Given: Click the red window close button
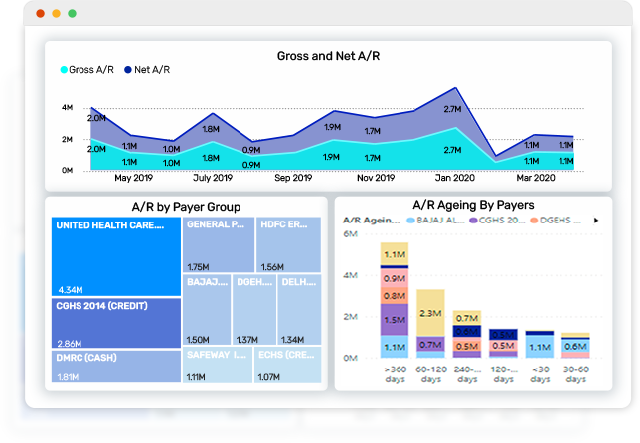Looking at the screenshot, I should (41, 14).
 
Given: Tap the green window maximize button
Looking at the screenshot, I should (72, 14).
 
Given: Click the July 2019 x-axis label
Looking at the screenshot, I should (213, 179).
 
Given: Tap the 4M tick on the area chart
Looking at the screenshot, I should (67, 107).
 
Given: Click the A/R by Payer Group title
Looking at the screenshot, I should (186, 207).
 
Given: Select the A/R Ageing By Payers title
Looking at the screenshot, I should (473, 205).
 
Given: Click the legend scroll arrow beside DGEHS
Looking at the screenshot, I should (596, 220).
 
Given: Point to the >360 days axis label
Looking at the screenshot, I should (395, 374).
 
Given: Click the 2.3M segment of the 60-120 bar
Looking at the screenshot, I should (430, 313).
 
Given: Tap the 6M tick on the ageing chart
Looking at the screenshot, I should (349, 234).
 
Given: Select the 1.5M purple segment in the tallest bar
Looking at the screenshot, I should (395, 320).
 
